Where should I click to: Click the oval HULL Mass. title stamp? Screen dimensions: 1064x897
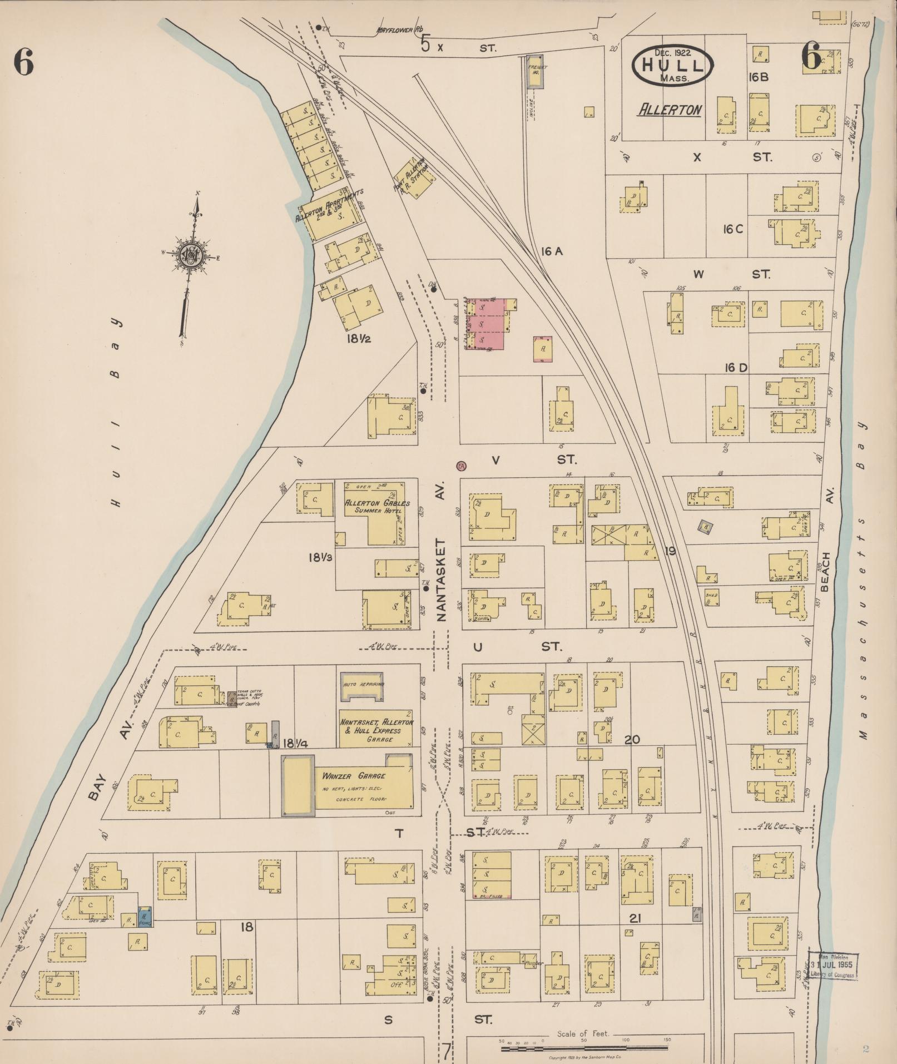672,66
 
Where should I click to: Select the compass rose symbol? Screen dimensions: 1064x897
190,256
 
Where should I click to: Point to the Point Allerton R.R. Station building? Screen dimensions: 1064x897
414,177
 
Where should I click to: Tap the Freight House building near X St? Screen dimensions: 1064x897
536,71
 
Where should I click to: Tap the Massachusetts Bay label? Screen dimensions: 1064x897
861,578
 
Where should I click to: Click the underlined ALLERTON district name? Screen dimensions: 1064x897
670,110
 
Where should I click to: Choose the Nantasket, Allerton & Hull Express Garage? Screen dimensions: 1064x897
376,729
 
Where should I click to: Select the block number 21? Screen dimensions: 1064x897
635,918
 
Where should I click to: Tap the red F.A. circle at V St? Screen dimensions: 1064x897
461,466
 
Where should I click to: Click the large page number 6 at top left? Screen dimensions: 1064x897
24,62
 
